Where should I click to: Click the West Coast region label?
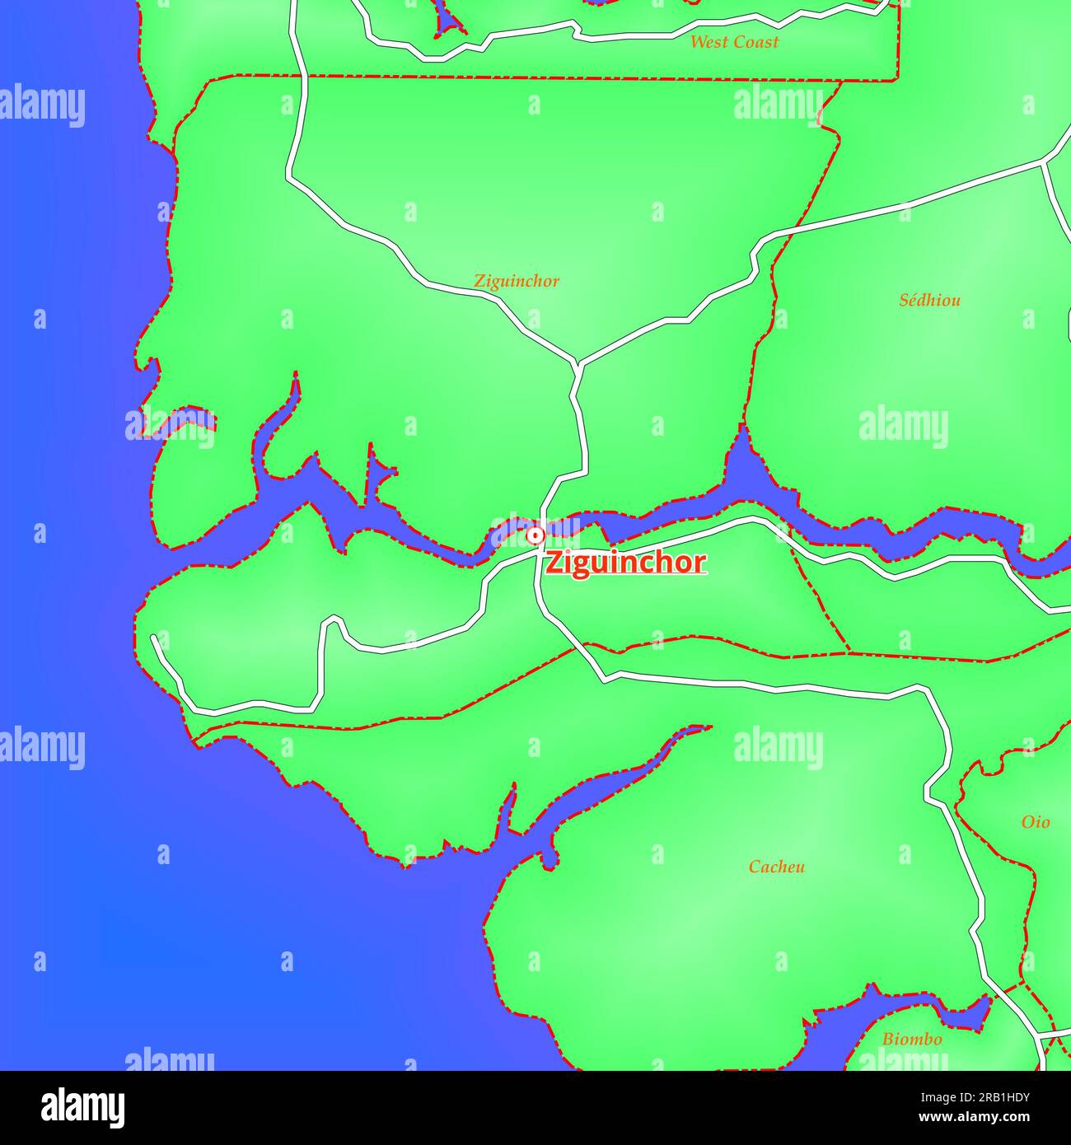pos(733,42)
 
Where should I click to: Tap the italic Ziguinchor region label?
pos(517,281)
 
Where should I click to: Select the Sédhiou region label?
pos(929,300)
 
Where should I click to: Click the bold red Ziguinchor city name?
pos(625,563)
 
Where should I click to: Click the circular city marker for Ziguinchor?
pos(535,535)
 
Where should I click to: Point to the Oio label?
pos(1036,822)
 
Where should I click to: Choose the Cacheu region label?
pos(776,867)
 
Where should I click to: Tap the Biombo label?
pos(912,1040)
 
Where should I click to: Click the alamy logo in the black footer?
pos(83,1108)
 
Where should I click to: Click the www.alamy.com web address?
pos(975,1118)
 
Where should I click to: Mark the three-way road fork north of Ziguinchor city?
pos(578,363)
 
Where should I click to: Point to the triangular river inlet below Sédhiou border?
pos(743,461)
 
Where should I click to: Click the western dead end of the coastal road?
pos(154,638)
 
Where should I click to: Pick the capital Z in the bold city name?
pos(554,563)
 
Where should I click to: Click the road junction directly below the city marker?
pos(536,556)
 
